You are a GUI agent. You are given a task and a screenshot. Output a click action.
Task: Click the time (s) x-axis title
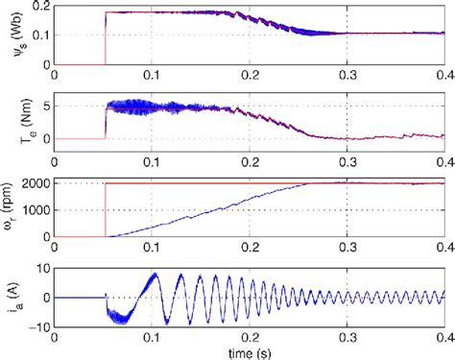coord(250,352)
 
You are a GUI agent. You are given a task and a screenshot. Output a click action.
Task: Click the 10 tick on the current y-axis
coord(44,270)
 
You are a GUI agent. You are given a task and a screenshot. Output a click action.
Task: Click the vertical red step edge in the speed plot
coord(105,209)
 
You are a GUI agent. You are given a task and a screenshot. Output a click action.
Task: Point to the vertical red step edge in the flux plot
coord(105,38)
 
